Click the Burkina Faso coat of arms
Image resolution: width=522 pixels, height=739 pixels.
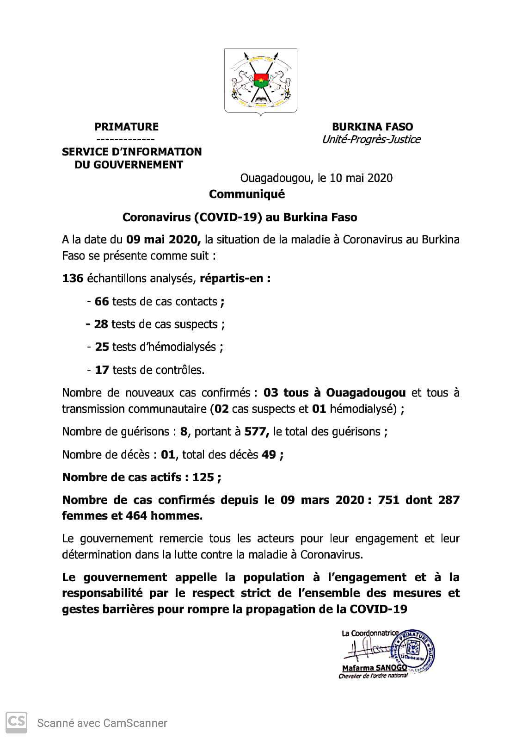tap(260, 81)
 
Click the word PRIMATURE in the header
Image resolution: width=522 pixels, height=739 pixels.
tap(126, 127)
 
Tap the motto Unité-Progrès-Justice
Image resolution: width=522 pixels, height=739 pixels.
tap(371, 139)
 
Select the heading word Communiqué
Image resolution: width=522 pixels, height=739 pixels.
tap(246, 194)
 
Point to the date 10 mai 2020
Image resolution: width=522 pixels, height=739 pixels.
tap(361, 178)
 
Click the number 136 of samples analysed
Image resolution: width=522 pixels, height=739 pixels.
tap(73, 279)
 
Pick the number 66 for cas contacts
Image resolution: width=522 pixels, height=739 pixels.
tap(101, 302)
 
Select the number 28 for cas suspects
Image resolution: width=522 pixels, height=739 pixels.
tap(101, 324)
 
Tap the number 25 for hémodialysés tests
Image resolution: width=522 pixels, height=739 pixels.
tap(102, 347)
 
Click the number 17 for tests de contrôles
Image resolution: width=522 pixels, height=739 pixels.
tap(102, 370)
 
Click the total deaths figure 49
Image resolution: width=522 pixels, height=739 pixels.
tap(269, 455)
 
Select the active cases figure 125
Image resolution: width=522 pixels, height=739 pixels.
tap(203, 478)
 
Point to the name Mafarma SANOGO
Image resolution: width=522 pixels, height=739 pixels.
tap(374, 668)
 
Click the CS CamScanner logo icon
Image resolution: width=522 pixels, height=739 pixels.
tap(16, 722)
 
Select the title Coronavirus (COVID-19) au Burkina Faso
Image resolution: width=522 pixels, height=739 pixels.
tap(240, 217)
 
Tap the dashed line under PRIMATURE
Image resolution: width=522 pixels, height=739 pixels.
tap(126, 139)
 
